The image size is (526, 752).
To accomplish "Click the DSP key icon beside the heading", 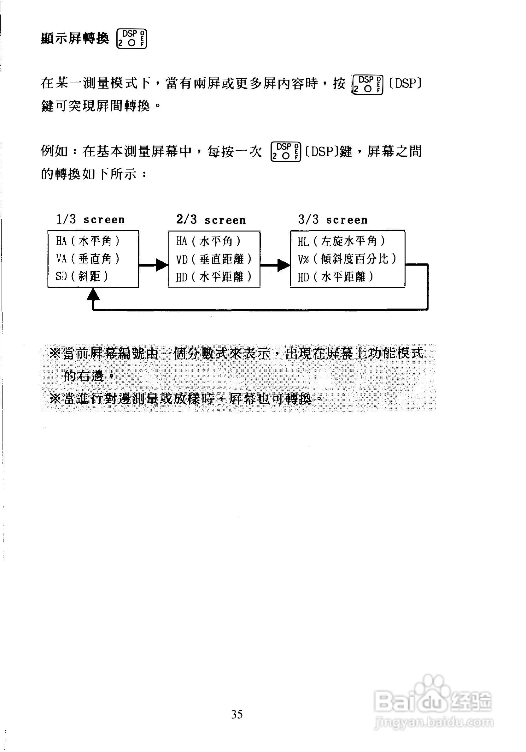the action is (x=131, y=39).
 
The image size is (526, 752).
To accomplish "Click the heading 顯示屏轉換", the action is (x=75, y=39).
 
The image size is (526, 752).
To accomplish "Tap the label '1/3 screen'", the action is (x=91, y=220).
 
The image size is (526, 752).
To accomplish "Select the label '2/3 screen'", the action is (x=211, y=220).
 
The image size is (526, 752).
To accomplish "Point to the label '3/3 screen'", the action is (x=333, y=220).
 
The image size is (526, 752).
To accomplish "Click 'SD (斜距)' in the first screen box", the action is (x=82, y=277).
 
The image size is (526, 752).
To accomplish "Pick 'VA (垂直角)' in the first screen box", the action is (x=88, y=259).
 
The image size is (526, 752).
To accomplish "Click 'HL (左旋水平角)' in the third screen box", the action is (x=341, y=242).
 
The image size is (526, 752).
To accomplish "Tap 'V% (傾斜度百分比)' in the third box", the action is (x=347, y=259).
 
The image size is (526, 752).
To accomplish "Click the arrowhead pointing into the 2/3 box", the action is (x=162, y=265).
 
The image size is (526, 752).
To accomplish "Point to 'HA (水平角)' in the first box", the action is (x=88, y=241).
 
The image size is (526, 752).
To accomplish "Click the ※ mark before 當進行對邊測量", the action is (x=55, y=399).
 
